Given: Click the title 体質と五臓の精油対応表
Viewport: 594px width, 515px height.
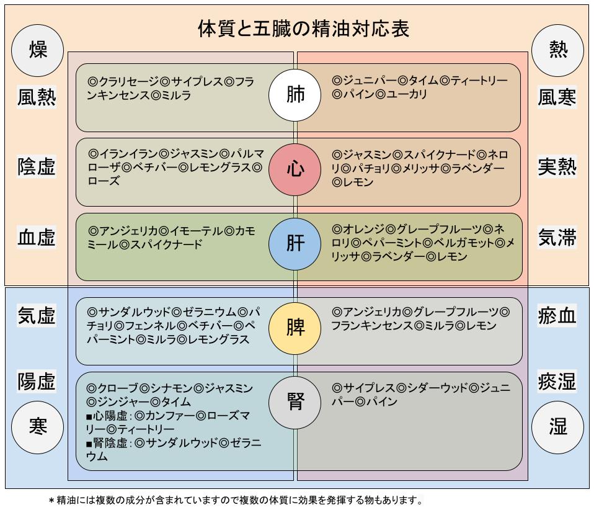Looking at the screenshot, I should pyautogui.click(x=303, y=29).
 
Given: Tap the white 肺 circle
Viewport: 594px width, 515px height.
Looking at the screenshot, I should pyautogui.click(x=295, y=96).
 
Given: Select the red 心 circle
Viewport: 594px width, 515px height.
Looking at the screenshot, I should pyautogui.click(x=295, y=169).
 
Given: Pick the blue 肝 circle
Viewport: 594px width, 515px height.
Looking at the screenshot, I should pyautogui.click(x=295, y=244).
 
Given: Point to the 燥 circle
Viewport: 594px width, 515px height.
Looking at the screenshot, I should pyautogui.click(x=38, y=50).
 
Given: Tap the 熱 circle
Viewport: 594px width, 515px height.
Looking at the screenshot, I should pyautogui.click(x=557, y=50).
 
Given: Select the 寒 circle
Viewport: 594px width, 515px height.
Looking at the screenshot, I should pyautogui.click(x=38, y=427).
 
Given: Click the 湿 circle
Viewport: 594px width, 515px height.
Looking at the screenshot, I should pyautogui.click(x=557, y=427).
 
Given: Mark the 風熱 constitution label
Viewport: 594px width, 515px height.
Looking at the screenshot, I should pyautogui.click(x=37, y=97).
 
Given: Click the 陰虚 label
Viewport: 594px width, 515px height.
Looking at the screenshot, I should pyautogui.click(x=37, y=166).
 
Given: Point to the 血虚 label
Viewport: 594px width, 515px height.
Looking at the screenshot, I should pyautogui.click(x=37, y=237).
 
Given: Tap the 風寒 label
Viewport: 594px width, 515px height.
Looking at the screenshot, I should pyautogui.click(x=557, y=97).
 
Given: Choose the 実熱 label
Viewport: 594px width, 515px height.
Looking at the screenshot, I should pyautogui.click(x=557, y=166).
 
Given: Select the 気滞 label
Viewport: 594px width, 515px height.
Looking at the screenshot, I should pyautogui.click(x=557, y=237).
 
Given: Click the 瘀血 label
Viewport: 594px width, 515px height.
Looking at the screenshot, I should pyautogui.click(x=557, y=316).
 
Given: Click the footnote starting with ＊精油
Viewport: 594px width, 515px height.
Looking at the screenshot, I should pyautogui.click(x=236, y=500).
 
